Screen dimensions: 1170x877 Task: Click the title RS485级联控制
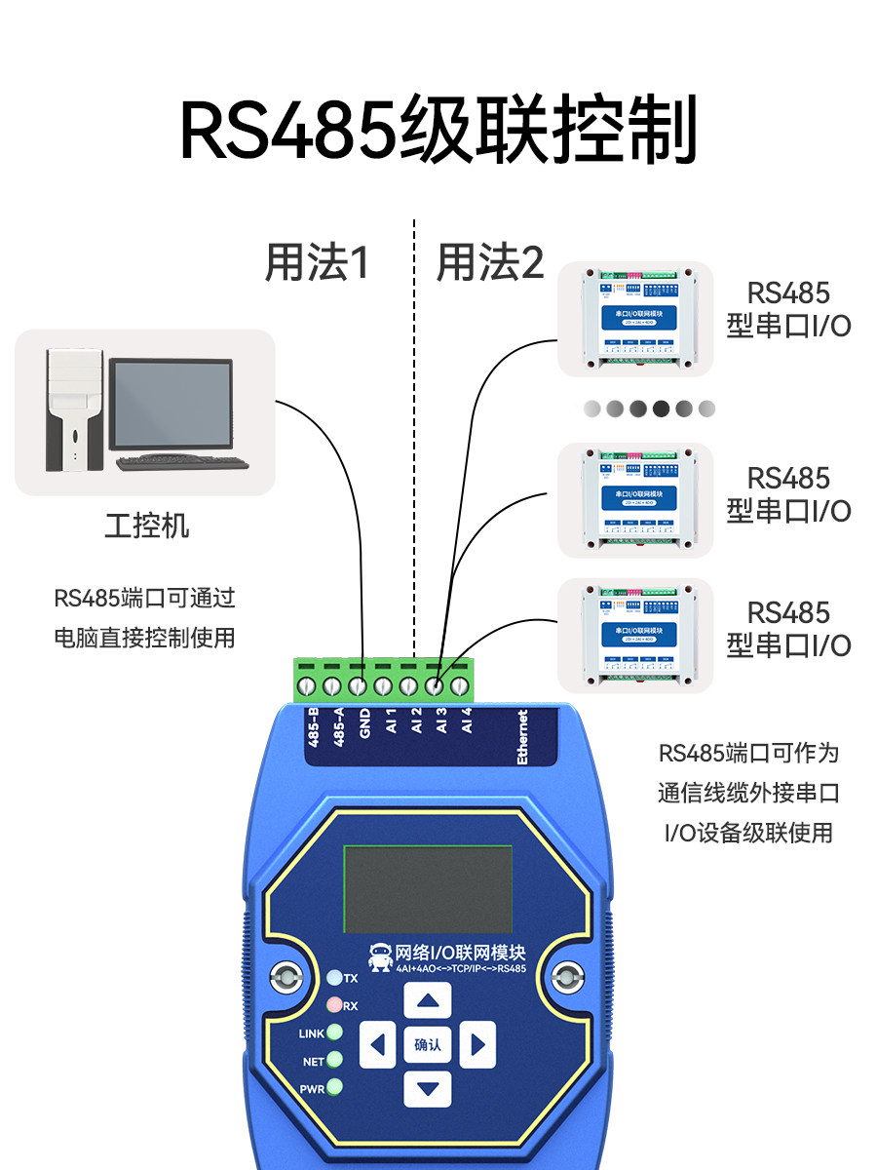pyautogui.click(x=438, y=130)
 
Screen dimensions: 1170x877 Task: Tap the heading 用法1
pyautogui.click(x=317, y=262)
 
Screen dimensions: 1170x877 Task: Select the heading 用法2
pyautogui.click(x=489, y=262)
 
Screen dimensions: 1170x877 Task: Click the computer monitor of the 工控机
pyautogui.click(x=171, y=406)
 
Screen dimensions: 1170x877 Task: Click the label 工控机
pyautogui.click(x=146, y=526)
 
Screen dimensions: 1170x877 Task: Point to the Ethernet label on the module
pyautogui.click(x=522, y=737)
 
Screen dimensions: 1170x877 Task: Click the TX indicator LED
pyautogui.click(x=334, y=977)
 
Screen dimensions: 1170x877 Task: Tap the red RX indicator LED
pyautogui.click(x=334, y=1005)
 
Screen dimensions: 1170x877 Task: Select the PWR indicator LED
pyautogui.click(x=334, y=1088)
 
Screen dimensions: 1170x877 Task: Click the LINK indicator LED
pyautogui.click(x=334, y=1033)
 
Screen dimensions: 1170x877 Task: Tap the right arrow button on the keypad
pyautogui.click(x=477, y=1045)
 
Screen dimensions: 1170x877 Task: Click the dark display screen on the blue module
pyautogui.click(x=428, y=889)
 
